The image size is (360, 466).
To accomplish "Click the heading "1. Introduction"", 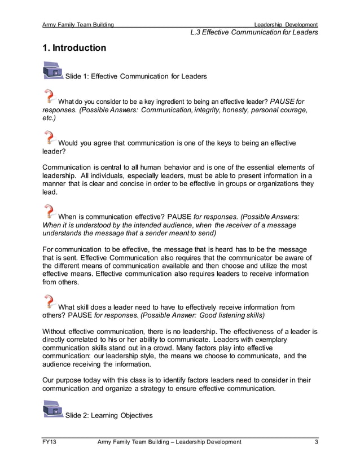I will tap(74, 48).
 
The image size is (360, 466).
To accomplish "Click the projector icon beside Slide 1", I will tap(53, 71).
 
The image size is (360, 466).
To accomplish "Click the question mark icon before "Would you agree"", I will tap(50, 137).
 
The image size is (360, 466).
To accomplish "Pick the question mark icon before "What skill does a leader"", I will tap(50, 301).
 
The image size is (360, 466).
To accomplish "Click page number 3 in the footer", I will tap(316, 442).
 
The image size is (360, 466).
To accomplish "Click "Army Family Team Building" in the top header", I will tap(78, 25).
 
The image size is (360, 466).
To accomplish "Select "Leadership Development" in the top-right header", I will tap(286, 25).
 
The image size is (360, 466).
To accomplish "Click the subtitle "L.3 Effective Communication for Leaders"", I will tap(254, 32).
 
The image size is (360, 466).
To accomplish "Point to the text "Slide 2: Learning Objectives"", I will tap(109, 416).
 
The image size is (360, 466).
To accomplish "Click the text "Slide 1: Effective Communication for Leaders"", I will tap(136, 76).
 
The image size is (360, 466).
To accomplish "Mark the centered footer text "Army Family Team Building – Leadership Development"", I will tap(169, 442).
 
